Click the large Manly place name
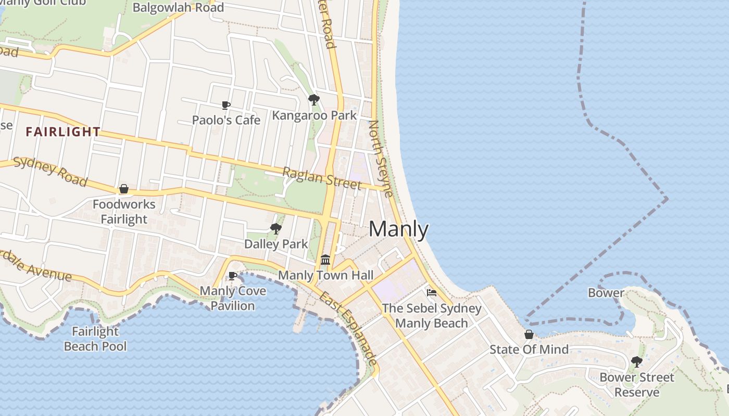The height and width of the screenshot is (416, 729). click(x=399, y=229)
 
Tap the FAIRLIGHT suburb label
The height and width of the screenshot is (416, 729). click(x=63, y=132)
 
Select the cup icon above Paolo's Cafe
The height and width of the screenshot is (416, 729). click(x=226, y=106)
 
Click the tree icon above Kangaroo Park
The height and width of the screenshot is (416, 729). click(x=313, y=99)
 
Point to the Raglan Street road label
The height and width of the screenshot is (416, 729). click(x=321, y=178)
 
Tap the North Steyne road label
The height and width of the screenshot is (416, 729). click(x=381, y=159)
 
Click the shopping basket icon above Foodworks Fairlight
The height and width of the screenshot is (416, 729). click(x=124, y=189)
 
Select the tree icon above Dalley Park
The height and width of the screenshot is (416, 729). click(x=275, y=229)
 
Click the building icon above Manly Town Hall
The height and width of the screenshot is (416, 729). click(x=325, y=259)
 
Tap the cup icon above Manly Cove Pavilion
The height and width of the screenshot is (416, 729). click(x=233, y=276)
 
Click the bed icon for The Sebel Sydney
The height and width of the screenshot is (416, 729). click(x=432, y=293)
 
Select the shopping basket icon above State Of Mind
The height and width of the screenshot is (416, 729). click(x=529, y=334)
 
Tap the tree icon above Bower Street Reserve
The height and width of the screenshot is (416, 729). click(x=636, y=361)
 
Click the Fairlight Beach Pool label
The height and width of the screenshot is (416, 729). click(x=95, y=339)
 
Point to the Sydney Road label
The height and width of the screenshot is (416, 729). click(x=50, y=171)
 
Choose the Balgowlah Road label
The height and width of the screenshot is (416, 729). click(x=178, y=7)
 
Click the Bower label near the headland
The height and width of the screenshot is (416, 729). click(x=606, y=293)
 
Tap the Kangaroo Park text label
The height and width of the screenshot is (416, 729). click(x=315, y=115)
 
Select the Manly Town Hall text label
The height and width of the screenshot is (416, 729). click(x=326, y=275)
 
